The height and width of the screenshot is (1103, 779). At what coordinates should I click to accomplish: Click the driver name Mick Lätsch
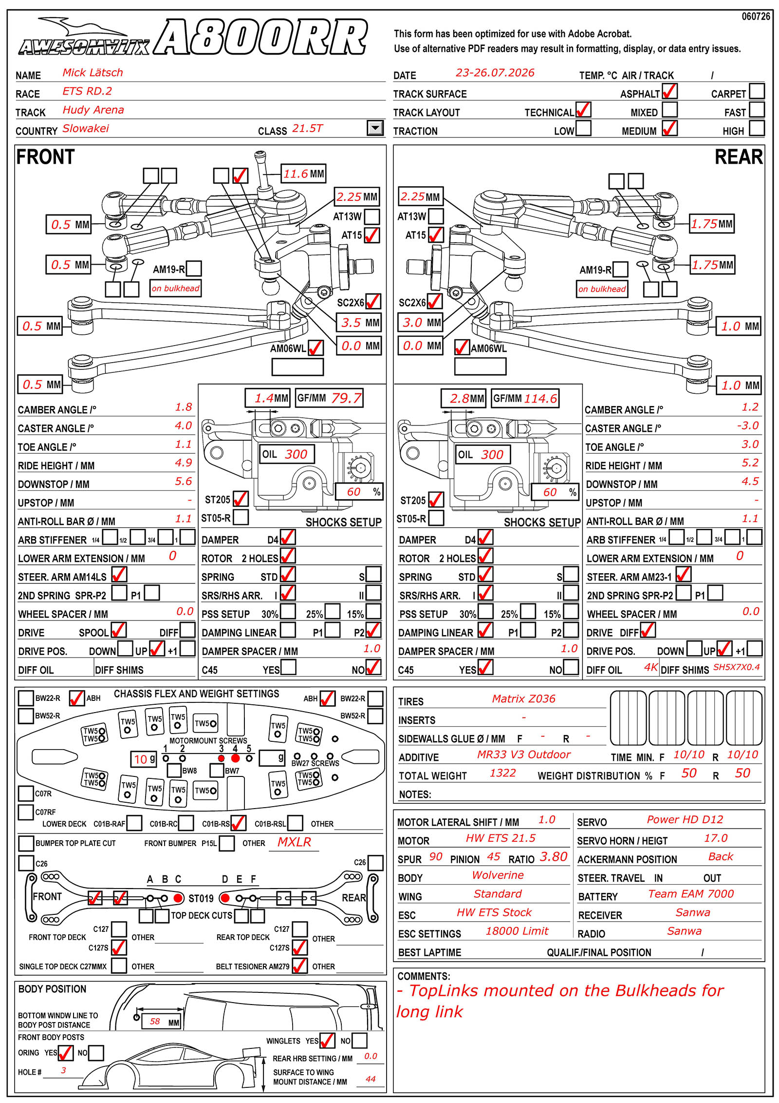(93, 73)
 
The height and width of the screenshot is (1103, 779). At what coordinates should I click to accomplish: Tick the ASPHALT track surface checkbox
(669, 92)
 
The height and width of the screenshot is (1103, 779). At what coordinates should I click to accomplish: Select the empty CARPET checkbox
(757, 91)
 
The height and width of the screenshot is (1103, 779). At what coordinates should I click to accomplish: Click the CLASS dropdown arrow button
(375, 128)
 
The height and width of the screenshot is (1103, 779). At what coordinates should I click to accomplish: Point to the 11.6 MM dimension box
(303, 174)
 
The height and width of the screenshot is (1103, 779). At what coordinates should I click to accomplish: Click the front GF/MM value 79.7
(346, 398)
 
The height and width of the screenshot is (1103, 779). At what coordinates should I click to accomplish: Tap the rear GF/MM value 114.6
(540, 398)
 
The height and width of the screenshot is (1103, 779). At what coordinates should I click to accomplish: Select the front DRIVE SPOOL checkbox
(119, 630)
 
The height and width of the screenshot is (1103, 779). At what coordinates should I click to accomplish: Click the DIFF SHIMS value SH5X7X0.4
(736, 667)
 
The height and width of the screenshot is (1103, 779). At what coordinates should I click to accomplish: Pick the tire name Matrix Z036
(523, 698)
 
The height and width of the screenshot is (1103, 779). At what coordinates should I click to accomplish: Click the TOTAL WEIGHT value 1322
(502, 773)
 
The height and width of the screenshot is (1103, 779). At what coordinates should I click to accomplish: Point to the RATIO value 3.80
(554, 856)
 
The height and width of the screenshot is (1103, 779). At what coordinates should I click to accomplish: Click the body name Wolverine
(498, 875)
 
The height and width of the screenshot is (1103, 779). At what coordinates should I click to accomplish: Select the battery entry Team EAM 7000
(690, 893)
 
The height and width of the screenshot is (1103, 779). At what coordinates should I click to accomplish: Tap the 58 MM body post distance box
(161, 1021)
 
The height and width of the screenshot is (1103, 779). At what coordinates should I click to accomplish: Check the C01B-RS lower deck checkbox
(238, 823)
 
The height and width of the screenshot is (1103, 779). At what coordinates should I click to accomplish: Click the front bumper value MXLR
(294, 842)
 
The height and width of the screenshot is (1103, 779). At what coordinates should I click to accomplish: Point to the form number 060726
(756, 17)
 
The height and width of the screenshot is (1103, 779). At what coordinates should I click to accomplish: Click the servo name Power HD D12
(685, 819)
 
